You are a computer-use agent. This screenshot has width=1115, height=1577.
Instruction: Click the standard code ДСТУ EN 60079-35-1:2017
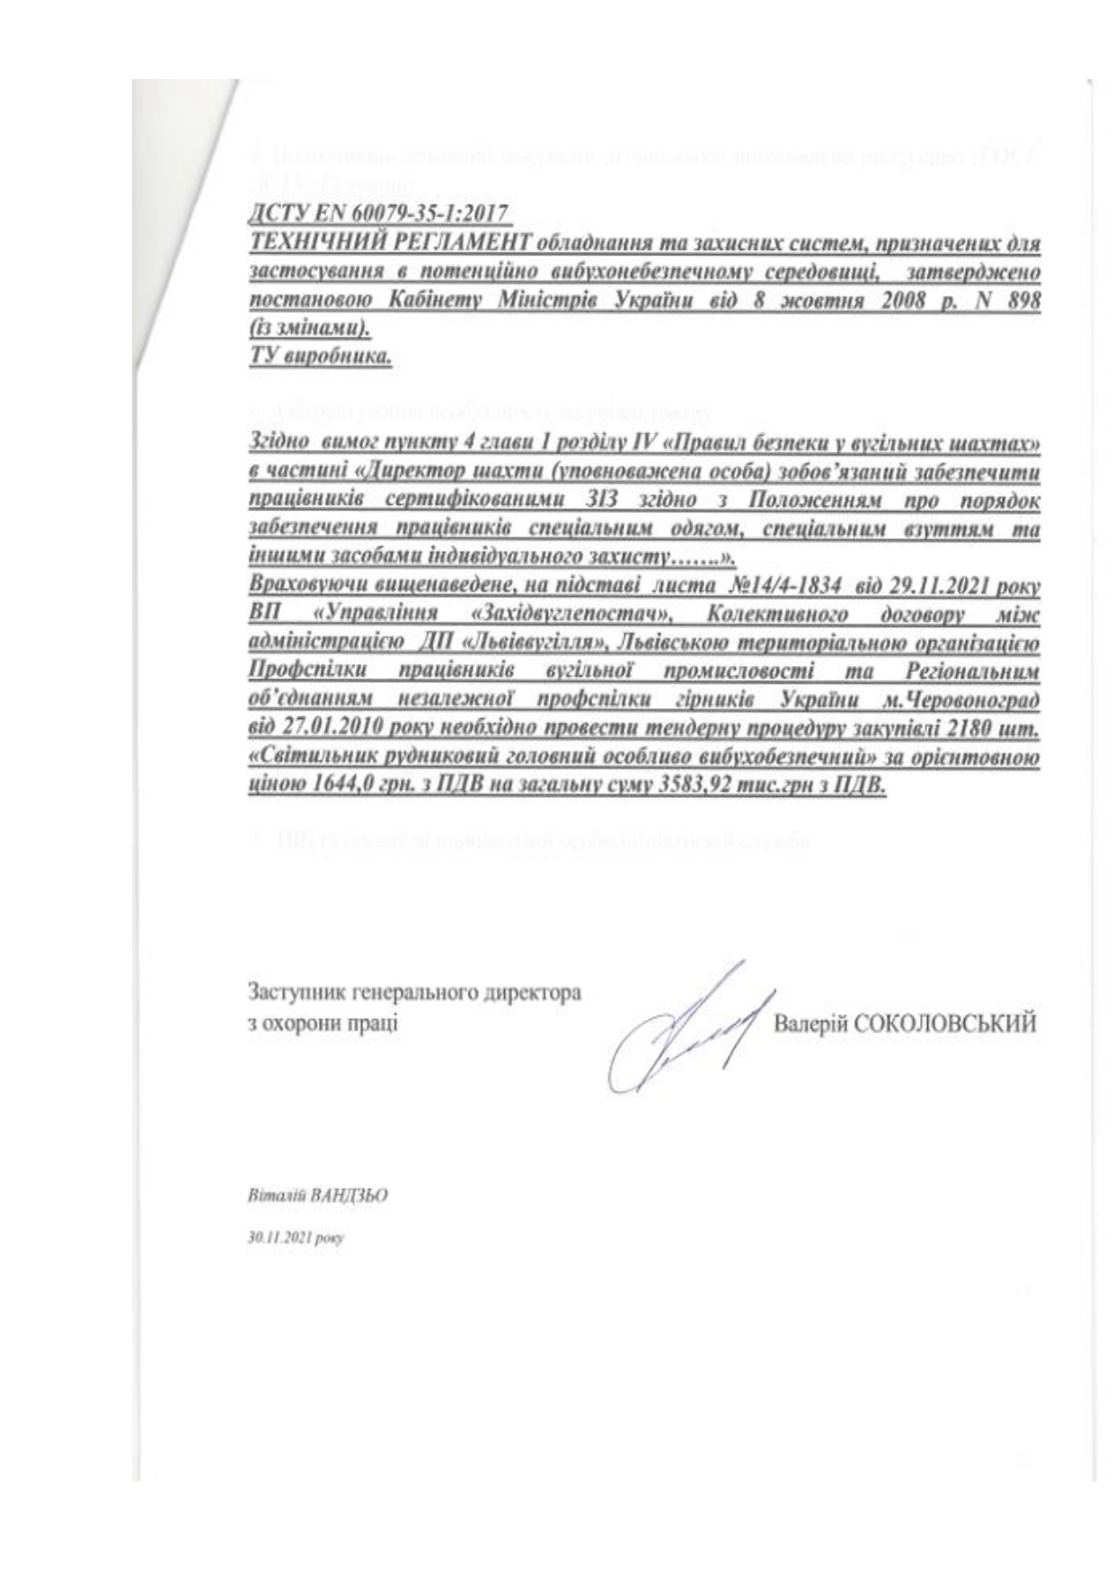point(377,216)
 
